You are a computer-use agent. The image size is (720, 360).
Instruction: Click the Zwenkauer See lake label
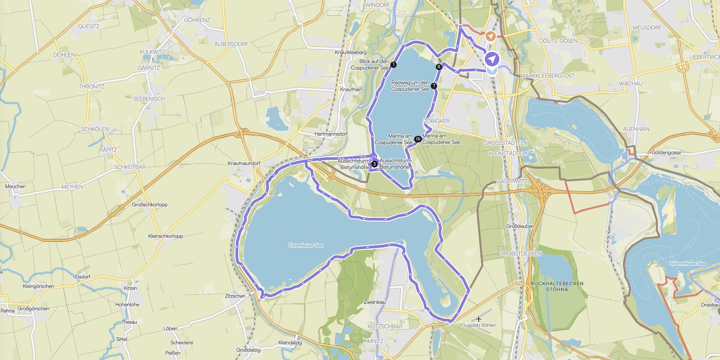coord(306,245)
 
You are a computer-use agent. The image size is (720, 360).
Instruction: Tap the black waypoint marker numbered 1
coord(393,65)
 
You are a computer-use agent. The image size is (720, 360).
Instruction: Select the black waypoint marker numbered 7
coord(434,86)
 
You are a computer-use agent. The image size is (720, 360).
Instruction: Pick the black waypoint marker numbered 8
coord(439,67)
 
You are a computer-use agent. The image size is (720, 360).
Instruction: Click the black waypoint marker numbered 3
coord(375,164)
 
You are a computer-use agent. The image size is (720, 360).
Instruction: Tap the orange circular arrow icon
coord(491,36)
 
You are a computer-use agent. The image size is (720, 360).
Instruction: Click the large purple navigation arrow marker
coord(492,59)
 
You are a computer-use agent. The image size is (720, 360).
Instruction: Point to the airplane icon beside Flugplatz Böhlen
coord(479,319)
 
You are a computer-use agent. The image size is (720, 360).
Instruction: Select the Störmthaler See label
coord(688,264)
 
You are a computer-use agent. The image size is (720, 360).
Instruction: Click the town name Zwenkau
coord(375,302)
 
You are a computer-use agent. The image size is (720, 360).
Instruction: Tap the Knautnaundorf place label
coord(244,163)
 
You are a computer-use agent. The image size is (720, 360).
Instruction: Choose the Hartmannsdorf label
coord(331,134)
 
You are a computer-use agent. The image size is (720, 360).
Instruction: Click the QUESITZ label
coord(88,26)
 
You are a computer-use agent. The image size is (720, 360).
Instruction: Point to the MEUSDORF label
coord(647,28)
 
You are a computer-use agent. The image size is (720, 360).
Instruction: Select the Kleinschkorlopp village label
coord(166,236)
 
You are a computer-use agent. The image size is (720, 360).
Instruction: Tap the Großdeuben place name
coord(520,226)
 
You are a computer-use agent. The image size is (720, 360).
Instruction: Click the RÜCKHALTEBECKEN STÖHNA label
coord(557,286)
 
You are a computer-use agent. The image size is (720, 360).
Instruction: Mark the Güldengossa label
coord(666,153)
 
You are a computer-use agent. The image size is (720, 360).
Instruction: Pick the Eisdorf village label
coord(83,276)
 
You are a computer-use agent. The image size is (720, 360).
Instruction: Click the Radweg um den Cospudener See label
coord(410,86)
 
